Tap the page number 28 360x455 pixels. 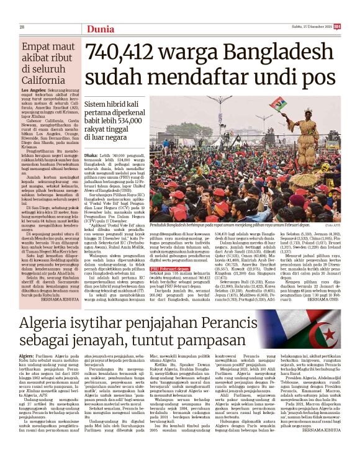21,27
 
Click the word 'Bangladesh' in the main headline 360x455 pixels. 271,56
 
